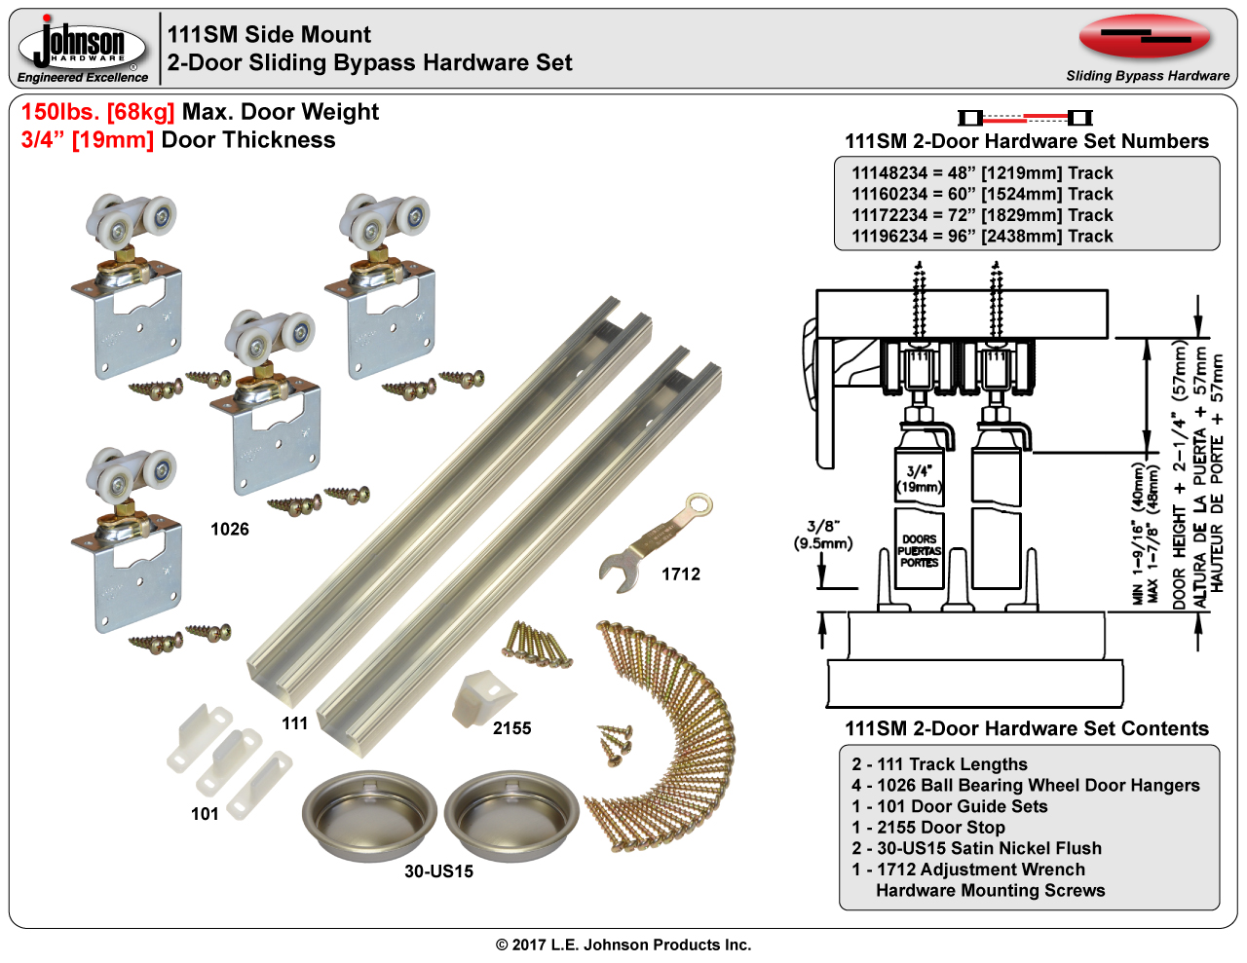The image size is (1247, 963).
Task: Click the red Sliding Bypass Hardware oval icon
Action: tap(1145, 38)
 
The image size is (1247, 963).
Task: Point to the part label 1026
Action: tap(230, 530)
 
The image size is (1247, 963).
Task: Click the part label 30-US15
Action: tap(439, 871)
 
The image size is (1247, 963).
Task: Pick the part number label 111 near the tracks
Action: tap(295, 723)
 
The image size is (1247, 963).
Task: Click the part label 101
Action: tap(205, 814)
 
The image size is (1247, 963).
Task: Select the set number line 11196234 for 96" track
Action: tap(982, 237)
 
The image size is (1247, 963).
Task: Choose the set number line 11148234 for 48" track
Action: tap(982, 173)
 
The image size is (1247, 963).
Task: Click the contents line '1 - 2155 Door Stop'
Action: tap(928, 828)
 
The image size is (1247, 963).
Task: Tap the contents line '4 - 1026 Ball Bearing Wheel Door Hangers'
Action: tap(1026, 786)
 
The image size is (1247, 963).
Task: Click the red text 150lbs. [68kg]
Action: tap(98, 112)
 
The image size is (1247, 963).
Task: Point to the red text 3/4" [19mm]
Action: tap(88, 140)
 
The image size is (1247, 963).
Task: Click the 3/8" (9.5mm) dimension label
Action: tap(823, 535)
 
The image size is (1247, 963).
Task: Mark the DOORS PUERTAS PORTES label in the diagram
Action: tap(919, 551)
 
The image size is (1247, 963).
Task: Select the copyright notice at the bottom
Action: tap(623, 944)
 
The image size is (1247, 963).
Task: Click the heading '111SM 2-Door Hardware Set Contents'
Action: tap(1027, 729)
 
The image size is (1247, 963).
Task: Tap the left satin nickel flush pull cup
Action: tap(370, 815)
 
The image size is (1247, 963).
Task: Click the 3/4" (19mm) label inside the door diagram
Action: tap(919, 479)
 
